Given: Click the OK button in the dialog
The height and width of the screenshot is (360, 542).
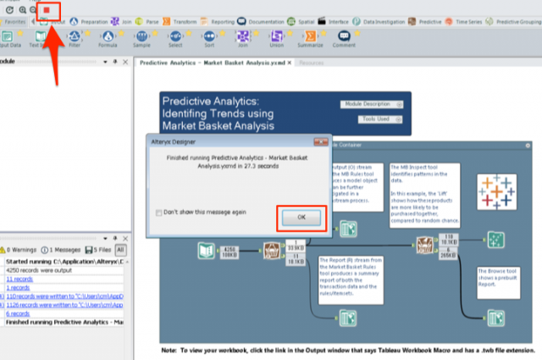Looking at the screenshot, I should (x=301, y=218).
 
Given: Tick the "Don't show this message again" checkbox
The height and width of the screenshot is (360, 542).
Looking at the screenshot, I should (x=160, y=212).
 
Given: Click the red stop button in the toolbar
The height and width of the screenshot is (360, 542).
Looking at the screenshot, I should (x=47, y=10).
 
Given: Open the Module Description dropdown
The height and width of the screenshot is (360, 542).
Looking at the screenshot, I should (x=373, y=104).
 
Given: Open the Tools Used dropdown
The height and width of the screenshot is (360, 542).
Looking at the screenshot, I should (x=373, y=120).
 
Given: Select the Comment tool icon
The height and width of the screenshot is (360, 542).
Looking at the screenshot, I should (x=344, y=37).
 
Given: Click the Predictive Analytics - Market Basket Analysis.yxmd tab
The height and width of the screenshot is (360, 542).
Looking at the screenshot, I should (x=211, y=63).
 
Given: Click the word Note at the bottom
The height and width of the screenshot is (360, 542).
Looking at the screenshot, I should (x=169, y=349).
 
